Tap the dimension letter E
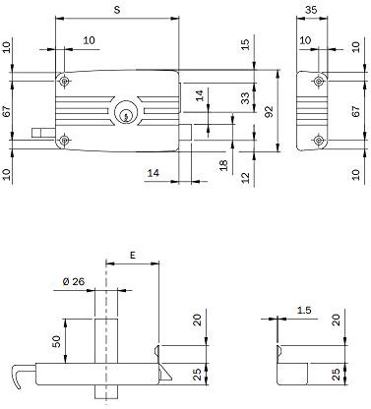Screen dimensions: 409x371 pyautogui.click(x=132, y=253)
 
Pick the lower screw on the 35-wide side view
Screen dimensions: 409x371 pyautogui.click(x=320, y=142)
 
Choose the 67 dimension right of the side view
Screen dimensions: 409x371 pyautogui.click(x=357, y=111)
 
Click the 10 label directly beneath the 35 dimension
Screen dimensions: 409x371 pyautogui.click(x=306, y=41)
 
